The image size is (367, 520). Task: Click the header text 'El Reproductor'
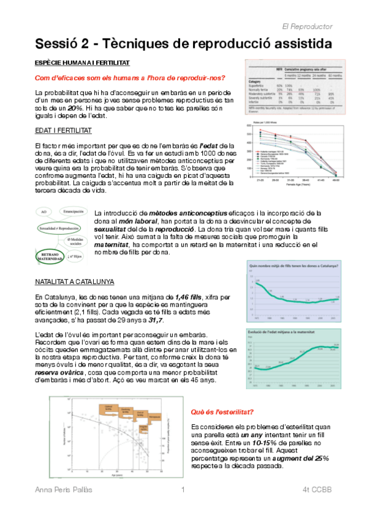pos(307,27)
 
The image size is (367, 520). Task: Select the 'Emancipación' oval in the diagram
pos(77,212)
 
